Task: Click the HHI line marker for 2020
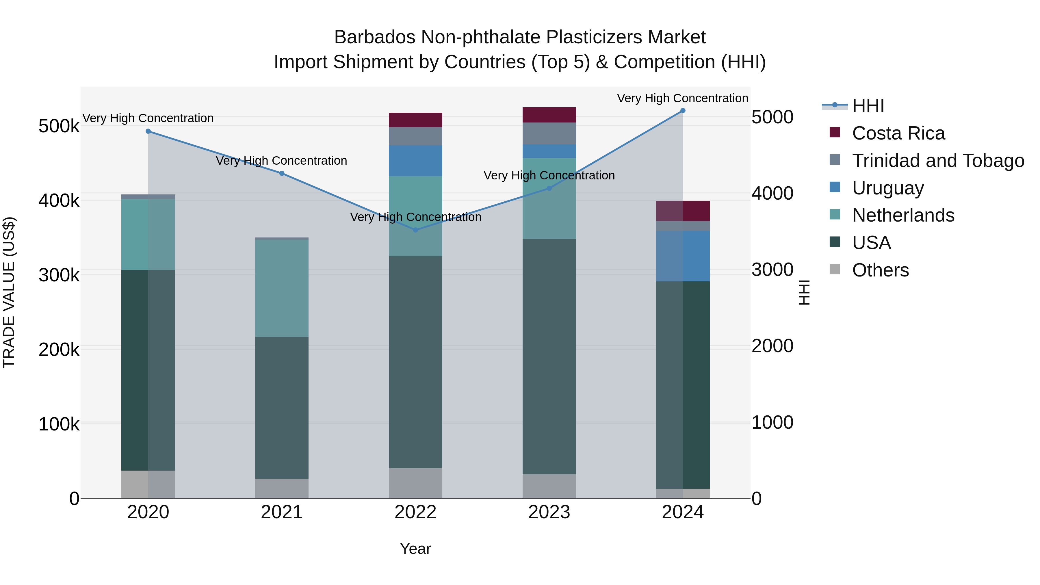coord(148,131)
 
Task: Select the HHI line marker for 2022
coord(415,230)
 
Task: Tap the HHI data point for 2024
coord(683,111)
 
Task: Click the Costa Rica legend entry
coord(898,133)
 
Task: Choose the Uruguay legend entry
coord(888,188)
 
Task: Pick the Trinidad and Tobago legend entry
coord(938,161)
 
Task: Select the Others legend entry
coord(880,270)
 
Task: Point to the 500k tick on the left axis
coord(59,126)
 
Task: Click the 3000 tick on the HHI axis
coord(772,270)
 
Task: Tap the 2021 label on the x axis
coord(282,512)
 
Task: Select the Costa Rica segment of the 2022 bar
coord(415,120)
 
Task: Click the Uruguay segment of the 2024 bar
coord(683,256)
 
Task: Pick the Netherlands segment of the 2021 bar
coord(282,288)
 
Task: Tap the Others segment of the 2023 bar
coord(549,486)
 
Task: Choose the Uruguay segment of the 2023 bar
coord(549,151)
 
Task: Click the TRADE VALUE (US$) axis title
coord(9,292)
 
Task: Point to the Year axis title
coord(415,549)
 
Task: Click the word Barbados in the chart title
coord(375,37)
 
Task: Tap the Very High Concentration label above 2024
coord(682,98)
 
